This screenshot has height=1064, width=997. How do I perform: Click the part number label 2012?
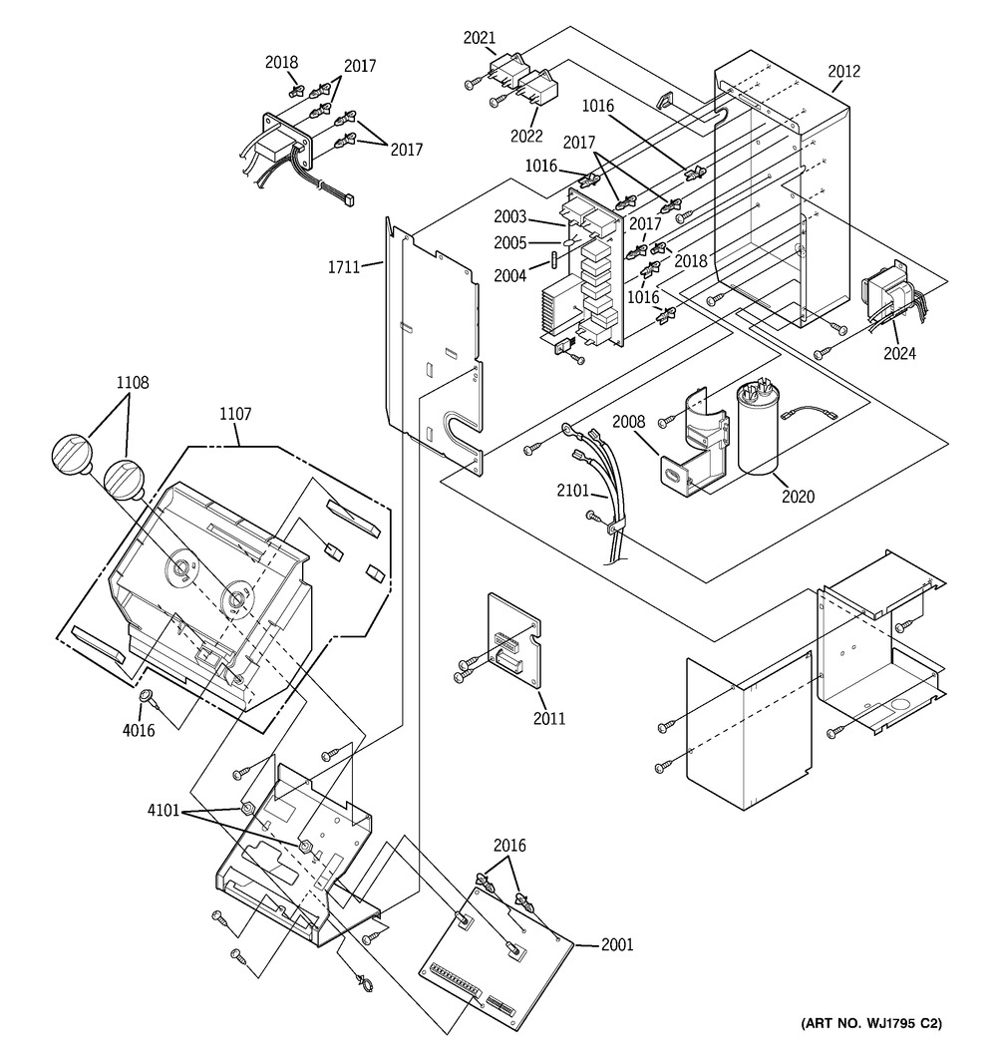click(843, 71)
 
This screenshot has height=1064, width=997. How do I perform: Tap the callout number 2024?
click(899, 353)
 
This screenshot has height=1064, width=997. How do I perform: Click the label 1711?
click(344, 266)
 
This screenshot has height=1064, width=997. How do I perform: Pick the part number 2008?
click(629, 422)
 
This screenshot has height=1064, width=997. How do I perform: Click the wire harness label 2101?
click(573, 490)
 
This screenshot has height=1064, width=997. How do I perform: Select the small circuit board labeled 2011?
click(515, 640)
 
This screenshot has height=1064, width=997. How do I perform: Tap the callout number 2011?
click(549, 718)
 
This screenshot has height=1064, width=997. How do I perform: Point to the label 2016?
click(509, 846)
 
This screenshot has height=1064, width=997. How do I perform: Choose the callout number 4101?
click(164, 810)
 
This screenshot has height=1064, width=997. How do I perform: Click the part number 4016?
click(139, 730)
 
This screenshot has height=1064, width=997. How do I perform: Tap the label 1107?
click(234, 414)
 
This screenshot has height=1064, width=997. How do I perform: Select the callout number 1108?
click(133, 382)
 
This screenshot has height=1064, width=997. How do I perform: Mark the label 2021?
click(480, 38)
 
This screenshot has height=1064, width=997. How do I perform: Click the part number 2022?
click(526, 136)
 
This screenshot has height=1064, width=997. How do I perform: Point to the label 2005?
click(510, 243)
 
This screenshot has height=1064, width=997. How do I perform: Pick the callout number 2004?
click(510, 275)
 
